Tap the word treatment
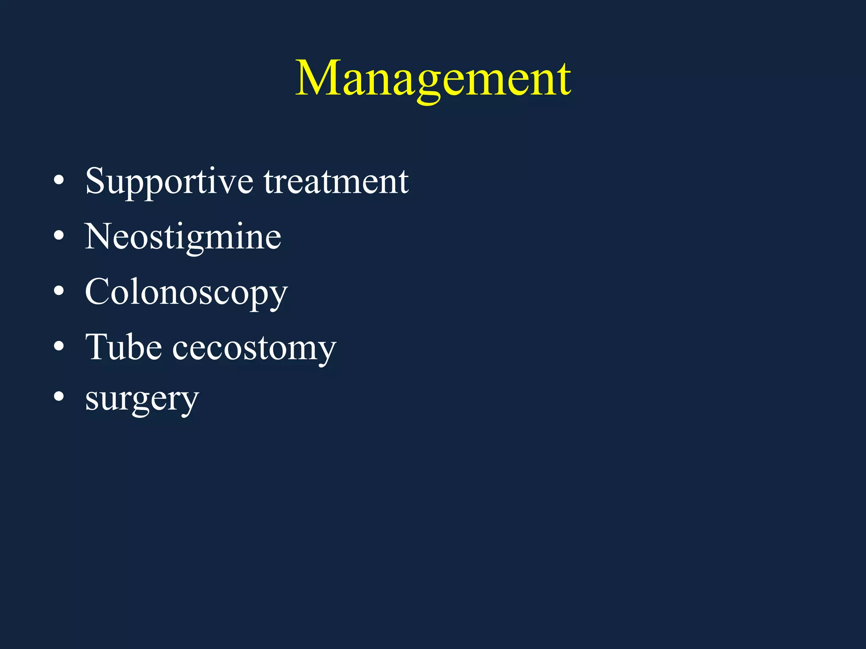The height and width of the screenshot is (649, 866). point(336,182)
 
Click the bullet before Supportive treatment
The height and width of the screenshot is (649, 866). point(59,181)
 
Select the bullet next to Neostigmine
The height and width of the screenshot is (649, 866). point(59,236)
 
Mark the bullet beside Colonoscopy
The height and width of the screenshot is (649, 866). point(59,291)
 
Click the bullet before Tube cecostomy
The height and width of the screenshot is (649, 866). point(59,346)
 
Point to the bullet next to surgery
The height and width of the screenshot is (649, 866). point(59,397)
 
